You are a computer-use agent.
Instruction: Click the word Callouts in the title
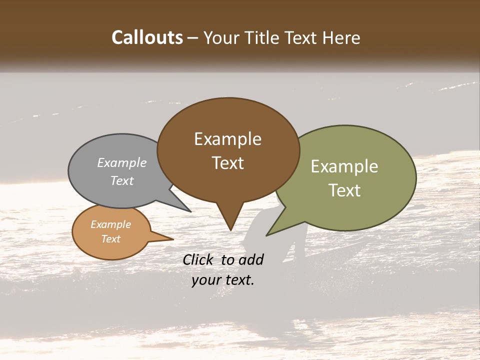tap(147, 37)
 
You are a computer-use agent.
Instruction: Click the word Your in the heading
tap(221, 38)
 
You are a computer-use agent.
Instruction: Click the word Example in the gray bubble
tap(122, 163)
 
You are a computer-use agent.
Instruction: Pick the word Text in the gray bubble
tap(122, 180)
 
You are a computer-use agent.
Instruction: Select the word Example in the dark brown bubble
tap(227, 139)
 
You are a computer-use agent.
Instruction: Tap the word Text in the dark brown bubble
tap(228, 163)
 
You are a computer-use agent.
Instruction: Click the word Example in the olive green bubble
tap(344, 166)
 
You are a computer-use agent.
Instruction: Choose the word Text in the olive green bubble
tap(345, 190)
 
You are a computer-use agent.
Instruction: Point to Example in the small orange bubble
tap(110, 224)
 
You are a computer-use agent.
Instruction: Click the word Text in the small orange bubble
tap(110, 239)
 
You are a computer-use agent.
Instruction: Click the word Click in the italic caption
tap(199, 259)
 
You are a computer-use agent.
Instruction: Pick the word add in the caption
tap(251, 259)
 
